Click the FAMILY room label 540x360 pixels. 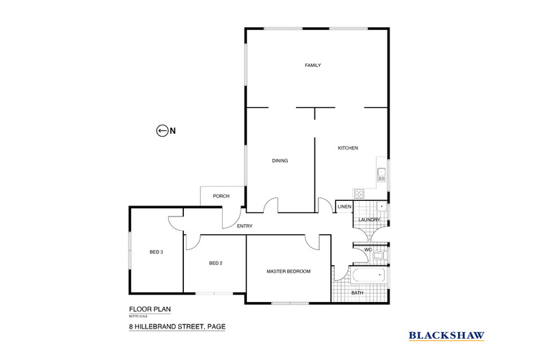312,66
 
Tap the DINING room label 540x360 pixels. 280,161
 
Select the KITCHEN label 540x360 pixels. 347,148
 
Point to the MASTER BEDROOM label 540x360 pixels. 288,271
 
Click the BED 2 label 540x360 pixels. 215,263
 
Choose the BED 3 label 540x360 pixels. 156,252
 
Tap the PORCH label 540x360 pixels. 221,196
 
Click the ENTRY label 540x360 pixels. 245,227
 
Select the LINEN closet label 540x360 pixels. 345,207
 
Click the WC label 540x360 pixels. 368,250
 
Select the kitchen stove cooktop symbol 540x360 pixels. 359,193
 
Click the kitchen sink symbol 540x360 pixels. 382,172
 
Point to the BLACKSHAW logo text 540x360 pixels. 446,335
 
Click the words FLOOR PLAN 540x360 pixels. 144,309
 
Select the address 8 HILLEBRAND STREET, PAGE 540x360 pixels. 177,327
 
